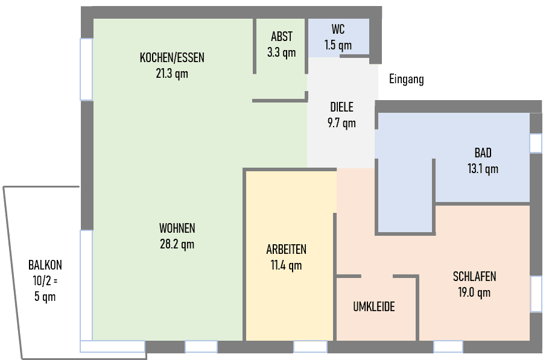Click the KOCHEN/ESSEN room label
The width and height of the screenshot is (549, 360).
[x=172, y=58]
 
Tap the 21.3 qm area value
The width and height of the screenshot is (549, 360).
[x=172, y=74]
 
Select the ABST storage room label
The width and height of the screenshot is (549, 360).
[x=281, y=37]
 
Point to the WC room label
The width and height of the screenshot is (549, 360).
[x=338, y=29]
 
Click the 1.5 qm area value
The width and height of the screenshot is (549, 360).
[x=338, y=45]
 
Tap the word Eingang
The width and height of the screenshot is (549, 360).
[x=406, y=79]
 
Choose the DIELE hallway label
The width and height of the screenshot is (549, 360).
[x=341, y=107]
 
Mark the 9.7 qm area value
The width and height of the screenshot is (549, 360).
[x=341, y=123]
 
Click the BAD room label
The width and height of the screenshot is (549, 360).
[x=483, y=153]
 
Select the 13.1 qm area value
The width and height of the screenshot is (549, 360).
[x=483, y=168]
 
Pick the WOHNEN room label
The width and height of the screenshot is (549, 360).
[x=177, y=229]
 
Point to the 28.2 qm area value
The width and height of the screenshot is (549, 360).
[x=177, y=244]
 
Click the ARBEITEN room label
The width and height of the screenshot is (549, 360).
[x=286, y=249]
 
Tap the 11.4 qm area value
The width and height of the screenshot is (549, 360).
[x=286, y=265]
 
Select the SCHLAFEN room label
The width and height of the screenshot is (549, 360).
[x=474, y=277]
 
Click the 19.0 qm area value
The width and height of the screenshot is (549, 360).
[x=474, y=292]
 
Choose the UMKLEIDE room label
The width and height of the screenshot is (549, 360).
[x=373, y=307]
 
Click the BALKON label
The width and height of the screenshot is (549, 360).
[x=45, y=265]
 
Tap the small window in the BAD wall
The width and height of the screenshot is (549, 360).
[x=536, y=143]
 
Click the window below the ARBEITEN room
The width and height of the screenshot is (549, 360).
[x=310, y=347]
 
